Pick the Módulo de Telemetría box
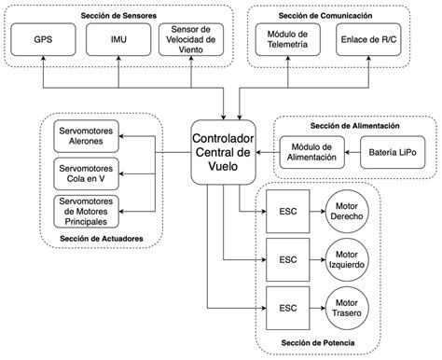point(287,41)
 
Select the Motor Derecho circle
point(347,210)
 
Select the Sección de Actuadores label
point(100,240)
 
